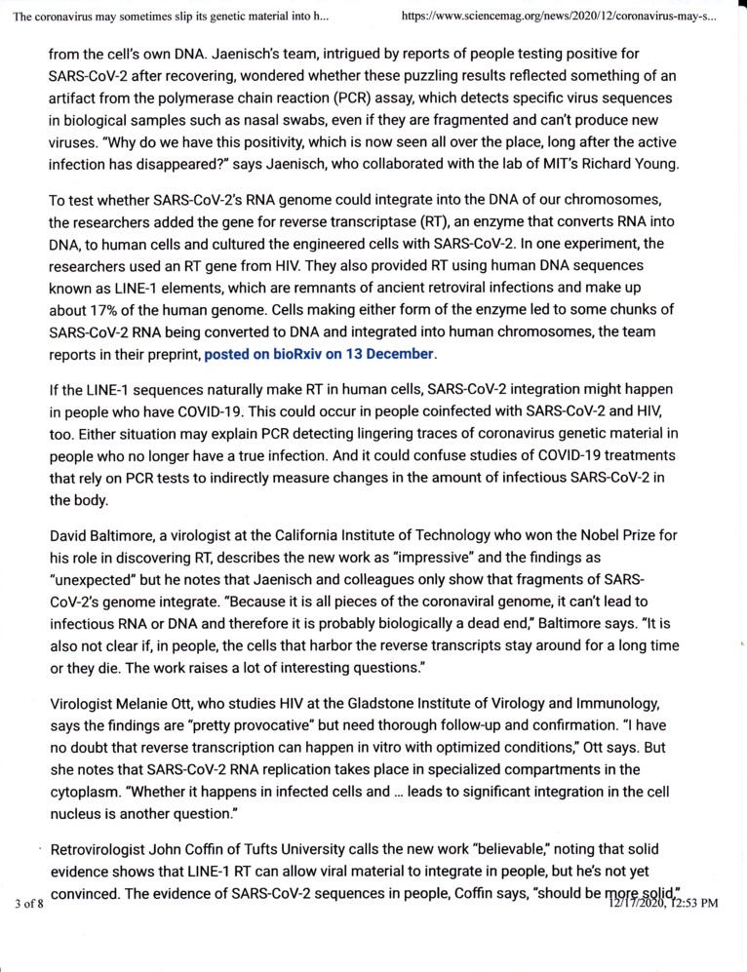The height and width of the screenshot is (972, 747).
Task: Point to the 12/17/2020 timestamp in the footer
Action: tap(661, 904)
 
